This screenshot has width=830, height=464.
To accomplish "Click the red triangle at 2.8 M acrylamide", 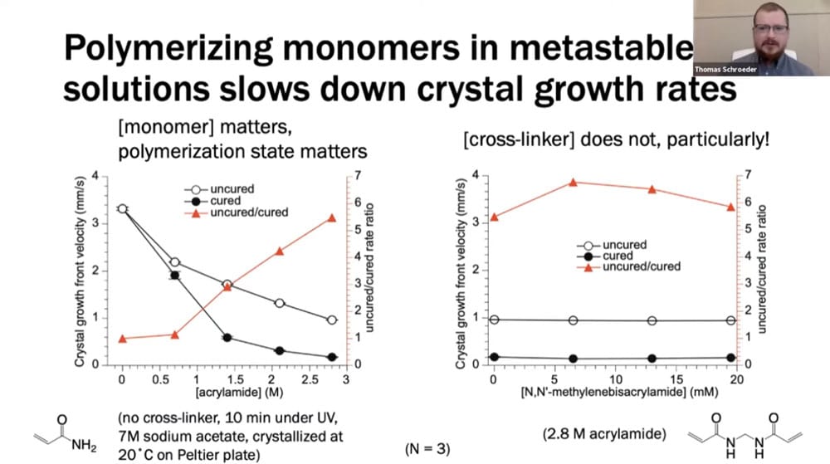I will pos(332,217).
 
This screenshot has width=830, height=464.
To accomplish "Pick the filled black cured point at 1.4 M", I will pos(227,337).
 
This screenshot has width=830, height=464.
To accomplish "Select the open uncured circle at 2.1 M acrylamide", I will pos(280,303).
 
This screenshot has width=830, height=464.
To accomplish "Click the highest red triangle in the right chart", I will pos(573,182).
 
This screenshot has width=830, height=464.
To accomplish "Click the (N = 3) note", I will pos(427,449).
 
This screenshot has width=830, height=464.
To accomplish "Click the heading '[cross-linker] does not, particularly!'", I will pos(616,138).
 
